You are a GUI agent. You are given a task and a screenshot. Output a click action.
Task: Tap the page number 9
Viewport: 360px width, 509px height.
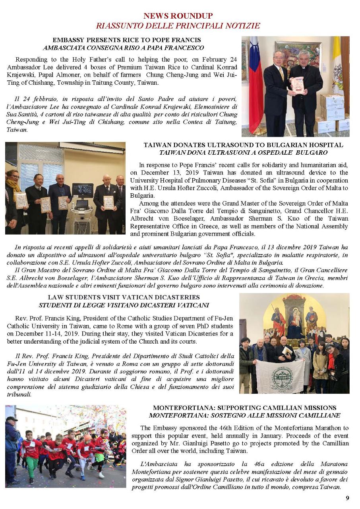[347, 498]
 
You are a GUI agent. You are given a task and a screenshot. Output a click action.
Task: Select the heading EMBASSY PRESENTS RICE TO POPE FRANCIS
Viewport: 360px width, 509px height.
[126, 40]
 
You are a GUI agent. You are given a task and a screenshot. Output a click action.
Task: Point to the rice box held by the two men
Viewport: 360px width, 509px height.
[297, 85]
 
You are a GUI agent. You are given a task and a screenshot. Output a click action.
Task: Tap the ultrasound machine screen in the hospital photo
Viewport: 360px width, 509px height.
[83, 190]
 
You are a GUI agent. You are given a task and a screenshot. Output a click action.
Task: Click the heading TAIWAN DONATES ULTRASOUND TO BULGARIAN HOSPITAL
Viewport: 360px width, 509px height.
[243, 145]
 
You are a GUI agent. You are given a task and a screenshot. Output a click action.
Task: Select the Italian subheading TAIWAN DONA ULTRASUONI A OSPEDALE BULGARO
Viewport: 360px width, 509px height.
[243, 153]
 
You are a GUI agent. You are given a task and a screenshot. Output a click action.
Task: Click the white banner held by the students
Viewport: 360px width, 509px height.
[280, 376]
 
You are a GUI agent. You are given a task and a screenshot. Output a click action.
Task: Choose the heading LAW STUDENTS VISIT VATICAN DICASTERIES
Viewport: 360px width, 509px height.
[124, 297]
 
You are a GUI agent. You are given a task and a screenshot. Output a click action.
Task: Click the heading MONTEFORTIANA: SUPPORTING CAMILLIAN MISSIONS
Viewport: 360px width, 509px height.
[244, 408]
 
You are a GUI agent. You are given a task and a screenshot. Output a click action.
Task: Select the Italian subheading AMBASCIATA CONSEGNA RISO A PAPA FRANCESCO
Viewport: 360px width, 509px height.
[123, 48]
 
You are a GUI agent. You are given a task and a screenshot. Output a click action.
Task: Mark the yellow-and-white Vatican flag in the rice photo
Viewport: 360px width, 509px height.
[337, 64]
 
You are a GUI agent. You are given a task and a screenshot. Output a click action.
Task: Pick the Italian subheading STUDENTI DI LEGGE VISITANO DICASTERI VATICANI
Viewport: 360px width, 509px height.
[124, 305]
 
